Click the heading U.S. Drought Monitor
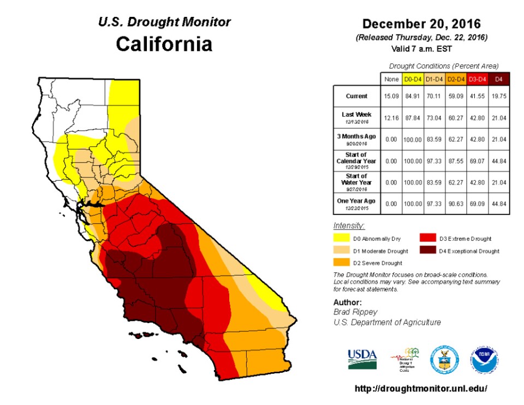click(164, 22)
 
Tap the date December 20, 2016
click(421, 24)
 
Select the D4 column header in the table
click(498, 80)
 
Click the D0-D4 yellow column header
click(412, 80)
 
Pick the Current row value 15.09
click(391, 96)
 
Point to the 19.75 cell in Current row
click(498, 96)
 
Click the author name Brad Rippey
click(355, 312)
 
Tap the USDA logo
click(362, 359)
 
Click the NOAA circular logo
click(485, 359)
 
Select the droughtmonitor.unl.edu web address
click(420, 389)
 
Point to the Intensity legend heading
click(349, 225)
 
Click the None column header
click(391, 80)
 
